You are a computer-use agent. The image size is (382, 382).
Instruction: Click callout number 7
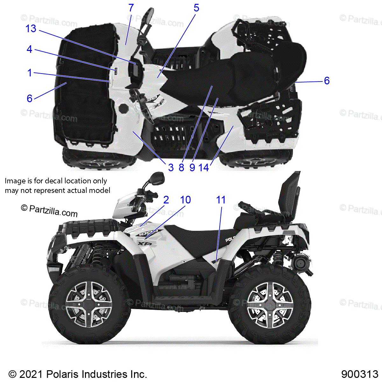pos(131,8)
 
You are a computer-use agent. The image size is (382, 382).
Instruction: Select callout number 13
pos(31,29)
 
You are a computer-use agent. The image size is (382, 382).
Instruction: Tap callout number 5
pos(196,8)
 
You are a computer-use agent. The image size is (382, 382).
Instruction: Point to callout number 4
pos(29,49)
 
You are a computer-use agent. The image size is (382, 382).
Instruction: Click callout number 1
pos(30,73)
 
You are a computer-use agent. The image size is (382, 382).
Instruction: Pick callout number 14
pos(204,167)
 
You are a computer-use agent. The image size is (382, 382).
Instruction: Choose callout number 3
pos(171,167)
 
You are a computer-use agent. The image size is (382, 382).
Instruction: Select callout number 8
pos(181,167)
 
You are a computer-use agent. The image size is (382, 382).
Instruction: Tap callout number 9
pos(192,167)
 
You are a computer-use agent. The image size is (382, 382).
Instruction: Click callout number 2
pos(166,200)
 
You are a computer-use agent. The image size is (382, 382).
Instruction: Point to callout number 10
pos(185,200)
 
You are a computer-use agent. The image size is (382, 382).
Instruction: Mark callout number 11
pos(221,200)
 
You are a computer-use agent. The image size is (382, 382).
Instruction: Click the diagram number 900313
pos(360,374)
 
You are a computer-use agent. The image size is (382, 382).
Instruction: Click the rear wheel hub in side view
pos(270,305)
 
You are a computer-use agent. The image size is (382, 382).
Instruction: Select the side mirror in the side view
pos(158,178)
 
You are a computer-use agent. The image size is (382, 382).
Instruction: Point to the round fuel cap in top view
pos(124,108)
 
